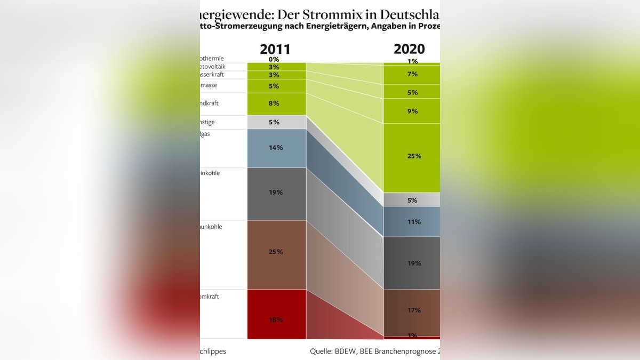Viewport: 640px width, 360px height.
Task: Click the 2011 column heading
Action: [275, 50]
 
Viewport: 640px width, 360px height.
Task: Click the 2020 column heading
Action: [409, 49]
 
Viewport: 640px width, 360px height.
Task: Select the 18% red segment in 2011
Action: [276, 314]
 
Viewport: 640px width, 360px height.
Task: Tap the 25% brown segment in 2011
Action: [276, 254]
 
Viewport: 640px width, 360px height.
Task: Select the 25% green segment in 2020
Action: [412, 157]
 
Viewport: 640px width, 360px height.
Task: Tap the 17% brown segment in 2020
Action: [412, 312]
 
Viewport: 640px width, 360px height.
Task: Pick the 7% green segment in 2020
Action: [412, 75]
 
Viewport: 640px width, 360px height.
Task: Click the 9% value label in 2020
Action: [412, 111]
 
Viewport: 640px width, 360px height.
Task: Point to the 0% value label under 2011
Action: [274, 59]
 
